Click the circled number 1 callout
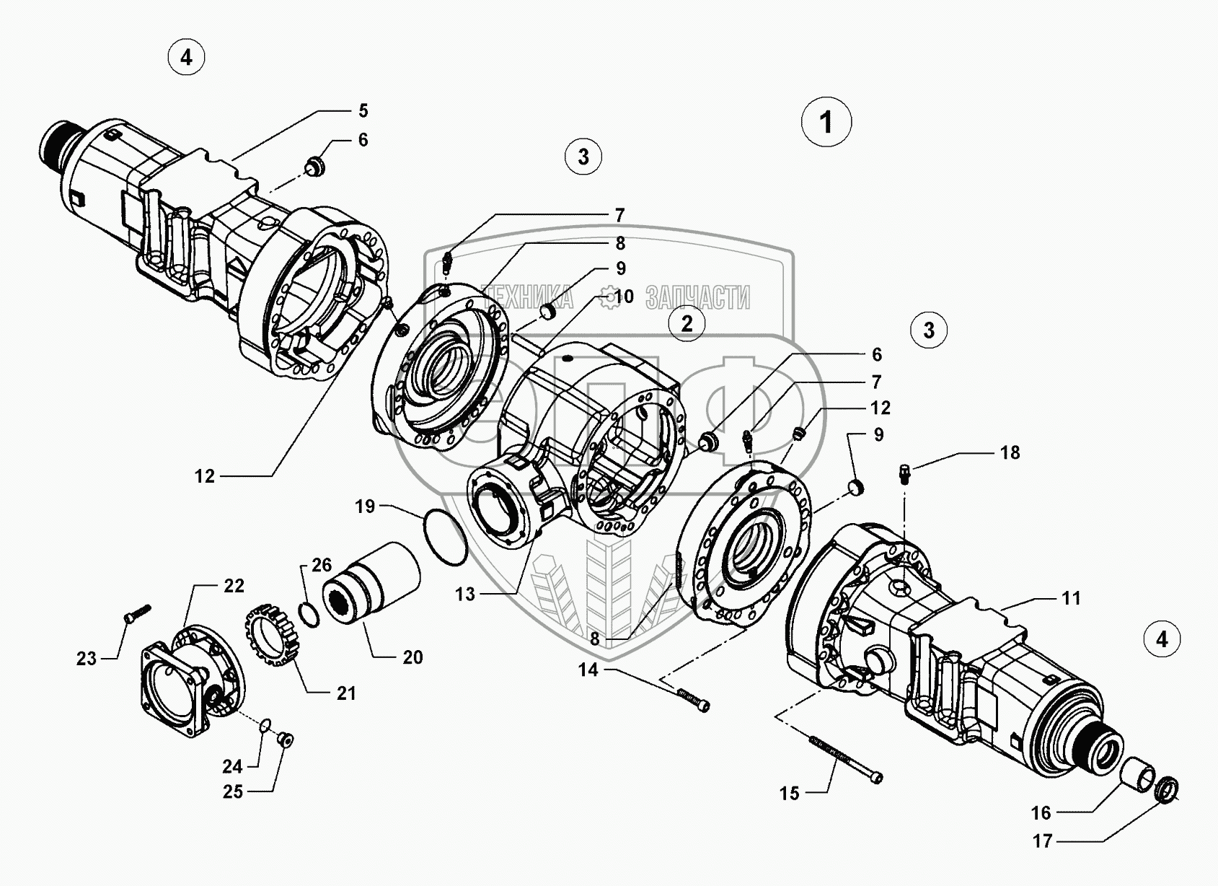tap(826, 123)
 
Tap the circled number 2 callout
tap(687, 323)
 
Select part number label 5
tap(363, 110)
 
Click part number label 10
tap(624, 296)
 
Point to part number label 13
tap(465, 594)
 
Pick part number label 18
tap(1010, 452)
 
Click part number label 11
tap(1071, 597)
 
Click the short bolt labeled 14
tap(693, 699)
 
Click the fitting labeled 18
tap(905, 474)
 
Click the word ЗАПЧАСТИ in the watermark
tap(698, 297)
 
